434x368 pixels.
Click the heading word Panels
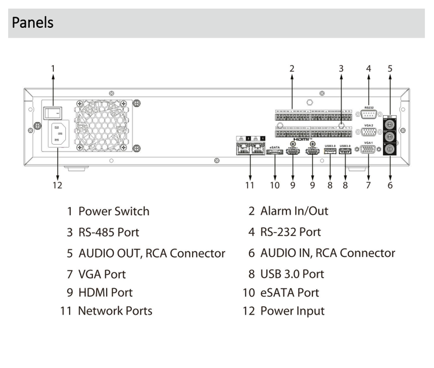pos(32,23)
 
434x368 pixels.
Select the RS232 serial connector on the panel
pos(369,114)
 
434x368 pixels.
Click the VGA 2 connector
pos(369,131)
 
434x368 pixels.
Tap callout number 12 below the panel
pos(57,185)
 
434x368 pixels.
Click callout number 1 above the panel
pos(53,68)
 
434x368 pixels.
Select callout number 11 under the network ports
pos(249,185)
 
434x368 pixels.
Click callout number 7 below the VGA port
pos(368,185)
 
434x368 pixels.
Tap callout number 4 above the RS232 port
pos(368,68)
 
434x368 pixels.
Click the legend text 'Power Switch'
pos(113,211)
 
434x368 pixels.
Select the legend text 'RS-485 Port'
pos(109,232)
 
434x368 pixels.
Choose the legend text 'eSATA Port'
pos(289,293)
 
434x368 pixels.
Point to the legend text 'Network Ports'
pos(115,311)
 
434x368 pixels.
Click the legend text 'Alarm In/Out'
pos(294,211)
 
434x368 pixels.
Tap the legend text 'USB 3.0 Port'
pos(292,274)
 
